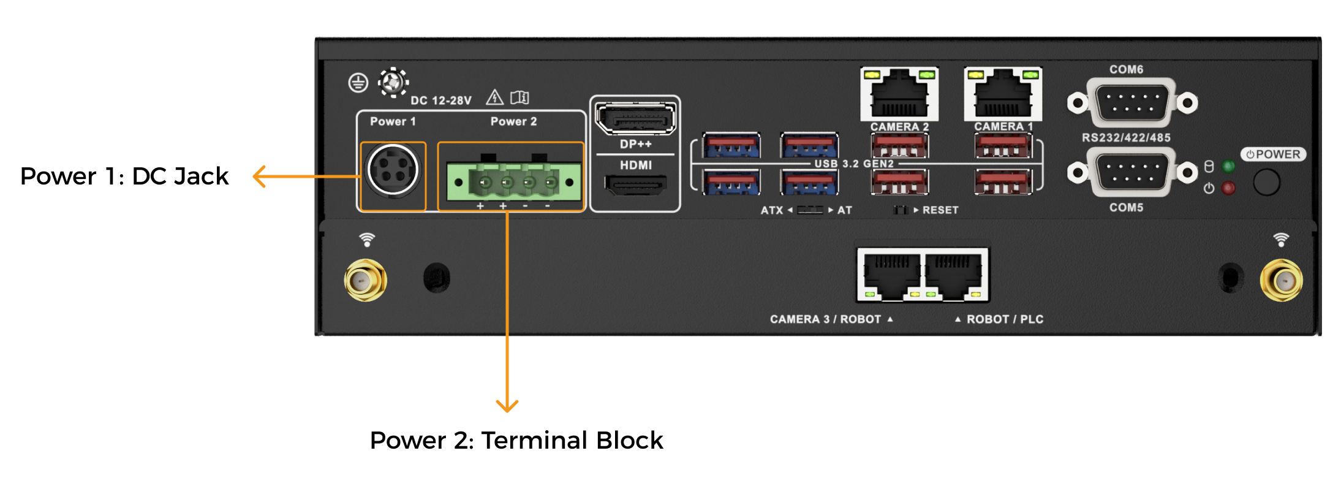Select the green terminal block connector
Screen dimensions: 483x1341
[513, 181]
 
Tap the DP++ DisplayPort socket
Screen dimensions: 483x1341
[635, 118]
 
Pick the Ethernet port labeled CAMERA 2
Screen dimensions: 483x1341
[899, 94]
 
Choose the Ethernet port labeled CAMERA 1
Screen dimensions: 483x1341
[1003, 94]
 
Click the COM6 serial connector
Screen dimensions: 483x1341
[1132, 102]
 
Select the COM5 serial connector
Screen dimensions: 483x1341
[1132, 172]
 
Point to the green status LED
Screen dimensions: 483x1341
[1228, 166]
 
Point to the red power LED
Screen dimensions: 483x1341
[1228, 188]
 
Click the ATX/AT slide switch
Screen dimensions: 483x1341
[810, 210]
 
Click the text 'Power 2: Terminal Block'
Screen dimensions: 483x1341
[516, 440]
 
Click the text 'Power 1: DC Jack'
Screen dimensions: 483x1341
[124, 177]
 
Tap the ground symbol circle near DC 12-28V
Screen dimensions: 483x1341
[358, 83]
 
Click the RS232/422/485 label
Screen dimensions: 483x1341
[1125, 138]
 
